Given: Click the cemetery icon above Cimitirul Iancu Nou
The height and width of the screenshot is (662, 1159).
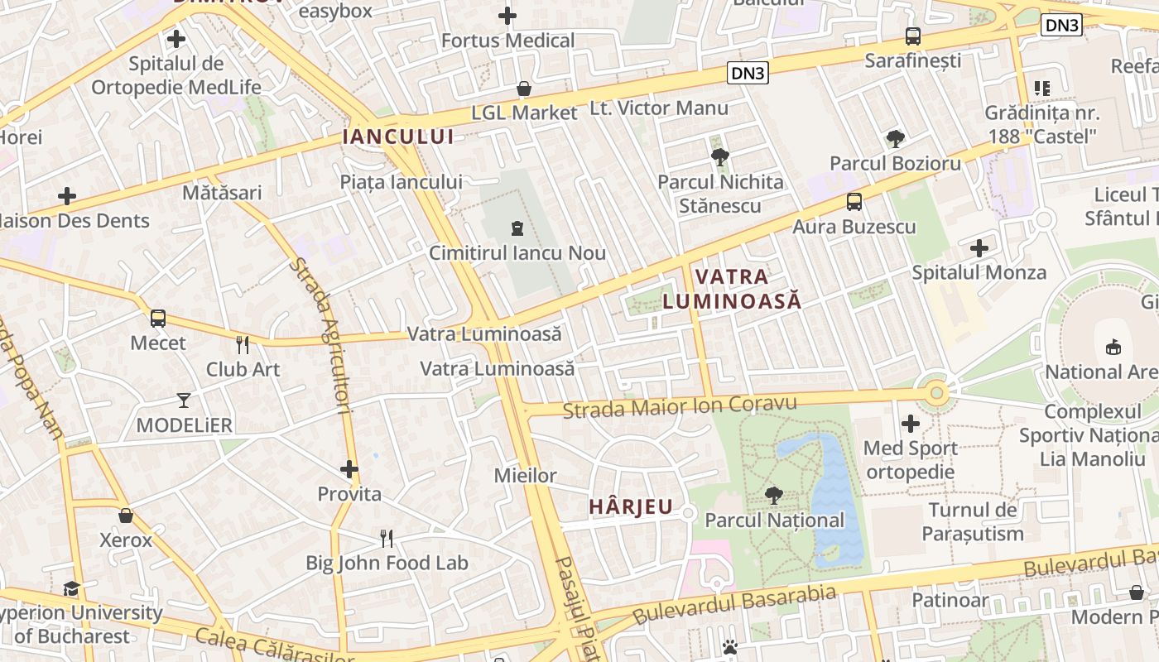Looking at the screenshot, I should tap(517, 228).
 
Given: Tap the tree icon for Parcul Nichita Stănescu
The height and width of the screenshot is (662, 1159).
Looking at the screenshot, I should tap(720, 156).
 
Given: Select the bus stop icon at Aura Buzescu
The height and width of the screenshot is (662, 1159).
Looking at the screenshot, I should tap(854, 201).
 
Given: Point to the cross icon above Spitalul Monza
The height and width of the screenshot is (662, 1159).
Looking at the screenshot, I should tap(979, 247).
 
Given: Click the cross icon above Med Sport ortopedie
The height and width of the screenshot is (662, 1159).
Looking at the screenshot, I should tap(911, 424).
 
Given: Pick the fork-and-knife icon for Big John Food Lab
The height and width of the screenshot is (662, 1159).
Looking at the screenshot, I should tap(387, 539).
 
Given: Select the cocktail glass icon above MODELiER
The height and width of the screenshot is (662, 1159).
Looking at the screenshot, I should tap(184, 401).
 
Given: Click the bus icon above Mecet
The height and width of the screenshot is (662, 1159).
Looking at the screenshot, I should tap(157, 318).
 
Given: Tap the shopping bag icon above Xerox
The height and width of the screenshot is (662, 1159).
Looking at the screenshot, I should tap(126, 516).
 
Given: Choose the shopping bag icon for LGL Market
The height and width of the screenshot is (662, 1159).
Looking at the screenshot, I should tap(523, 88).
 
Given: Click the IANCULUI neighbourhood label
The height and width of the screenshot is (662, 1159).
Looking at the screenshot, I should tap(398, 137).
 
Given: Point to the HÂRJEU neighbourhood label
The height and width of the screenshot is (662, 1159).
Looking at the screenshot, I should tap(631, 506).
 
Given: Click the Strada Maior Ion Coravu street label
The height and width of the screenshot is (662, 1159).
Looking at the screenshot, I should tap(679, 406).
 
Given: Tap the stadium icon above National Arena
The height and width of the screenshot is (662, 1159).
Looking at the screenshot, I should tap(1113, 347).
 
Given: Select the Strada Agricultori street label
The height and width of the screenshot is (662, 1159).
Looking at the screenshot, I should tap(333, 335).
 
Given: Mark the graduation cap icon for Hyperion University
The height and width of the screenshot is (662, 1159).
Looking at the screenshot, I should tap(72, 588).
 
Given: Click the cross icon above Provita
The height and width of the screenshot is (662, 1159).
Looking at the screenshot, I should tap(349, 469).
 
